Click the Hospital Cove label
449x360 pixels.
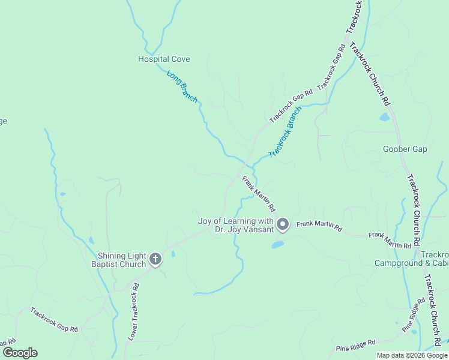[x=164, y=59]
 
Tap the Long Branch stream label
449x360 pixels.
[x=182, y=87]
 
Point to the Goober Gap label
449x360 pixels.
[x=405, y=149]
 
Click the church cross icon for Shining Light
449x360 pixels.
[x=155, y=260]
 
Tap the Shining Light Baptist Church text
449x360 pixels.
[x=118, y=260]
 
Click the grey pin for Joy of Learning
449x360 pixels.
[x=283, y=224]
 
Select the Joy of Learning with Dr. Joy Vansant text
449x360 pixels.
[x=236, y=225]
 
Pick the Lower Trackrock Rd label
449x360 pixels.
[x=134, y=311]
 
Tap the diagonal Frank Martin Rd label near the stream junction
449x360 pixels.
[x=259, y=193]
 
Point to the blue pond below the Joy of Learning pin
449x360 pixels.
[x=277, y=245]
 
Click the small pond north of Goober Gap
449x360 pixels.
[x=384, y=117]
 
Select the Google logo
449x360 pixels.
[x=19, y=353]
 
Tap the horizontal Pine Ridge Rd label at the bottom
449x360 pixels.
[x=355, y=344]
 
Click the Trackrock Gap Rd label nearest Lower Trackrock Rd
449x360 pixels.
[x=54, y=320]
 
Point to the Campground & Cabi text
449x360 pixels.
[x=411, y=263]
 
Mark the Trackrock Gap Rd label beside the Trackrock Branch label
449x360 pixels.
[x=291, y=106]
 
